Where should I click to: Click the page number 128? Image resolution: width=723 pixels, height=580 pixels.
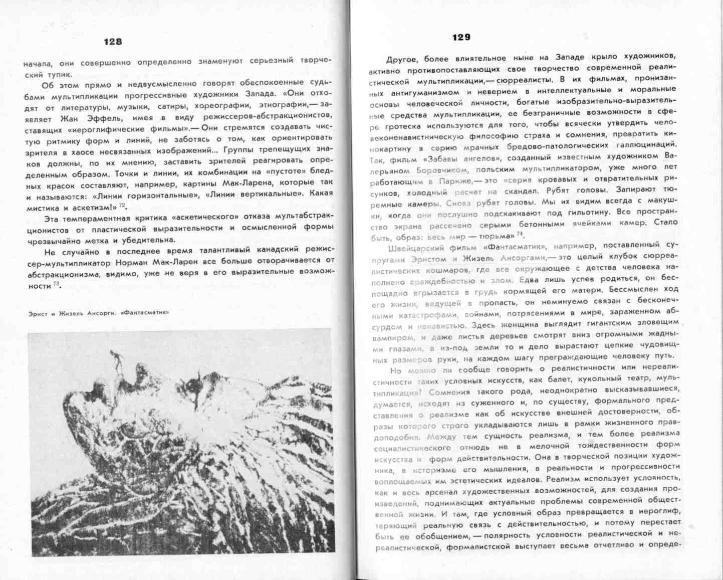(113, 42)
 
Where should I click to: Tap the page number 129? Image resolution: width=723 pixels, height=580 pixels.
(461, 37)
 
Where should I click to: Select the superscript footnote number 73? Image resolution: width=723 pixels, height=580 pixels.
(56, 284)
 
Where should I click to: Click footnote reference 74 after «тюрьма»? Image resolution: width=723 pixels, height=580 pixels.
(520, 234)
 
